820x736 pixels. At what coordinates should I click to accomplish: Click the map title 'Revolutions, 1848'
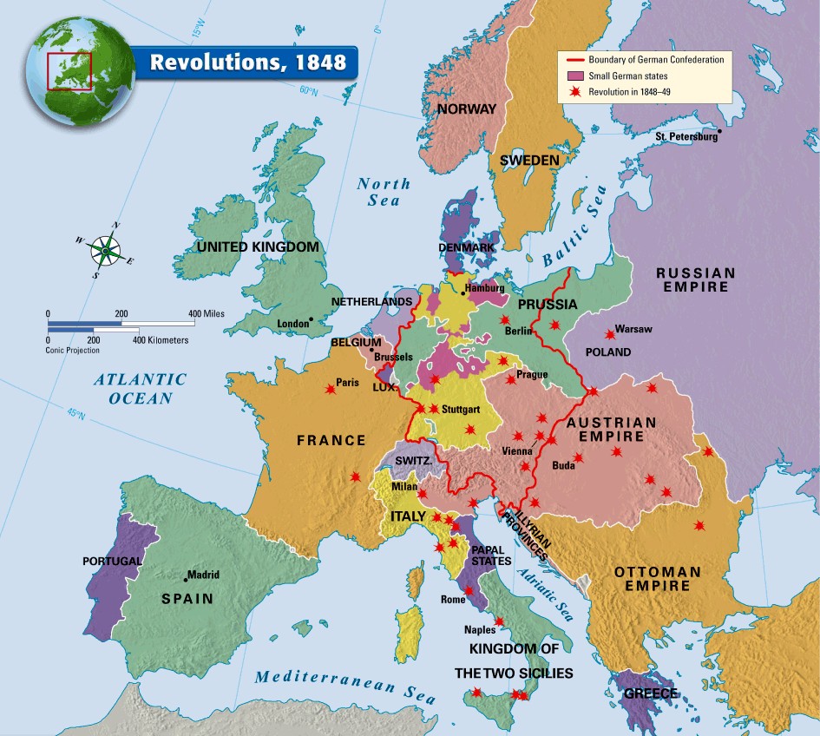pos(247,62)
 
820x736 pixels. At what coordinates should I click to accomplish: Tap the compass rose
pos(105,250)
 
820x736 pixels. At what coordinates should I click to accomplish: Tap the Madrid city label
pos(205,575)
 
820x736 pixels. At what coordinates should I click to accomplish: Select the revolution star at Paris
pos(330,390)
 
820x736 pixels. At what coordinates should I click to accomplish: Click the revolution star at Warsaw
pos(607,333)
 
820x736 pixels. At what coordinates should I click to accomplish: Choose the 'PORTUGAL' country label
pos(112,562)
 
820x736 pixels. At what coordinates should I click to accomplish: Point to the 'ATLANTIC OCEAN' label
pos(141,389)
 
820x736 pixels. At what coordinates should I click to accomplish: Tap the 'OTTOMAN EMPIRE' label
pos(657,581)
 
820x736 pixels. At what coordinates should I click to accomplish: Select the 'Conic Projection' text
pos(73,350)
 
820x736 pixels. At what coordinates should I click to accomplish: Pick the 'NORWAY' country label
pos(466,109)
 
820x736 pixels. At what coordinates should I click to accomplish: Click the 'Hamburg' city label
pos(485,288)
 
